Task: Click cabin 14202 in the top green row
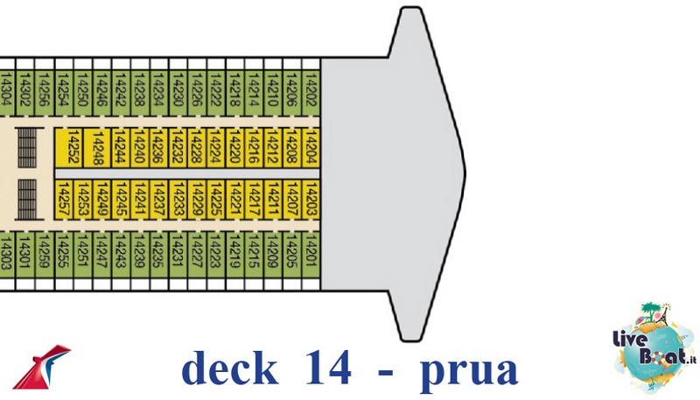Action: (310, 90)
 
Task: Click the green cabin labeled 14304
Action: (6, 90)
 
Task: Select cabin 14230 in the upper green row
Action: (178, 90)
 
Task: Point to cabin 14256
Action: (44, 90)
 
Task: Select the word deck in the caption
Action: (233, 368)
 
